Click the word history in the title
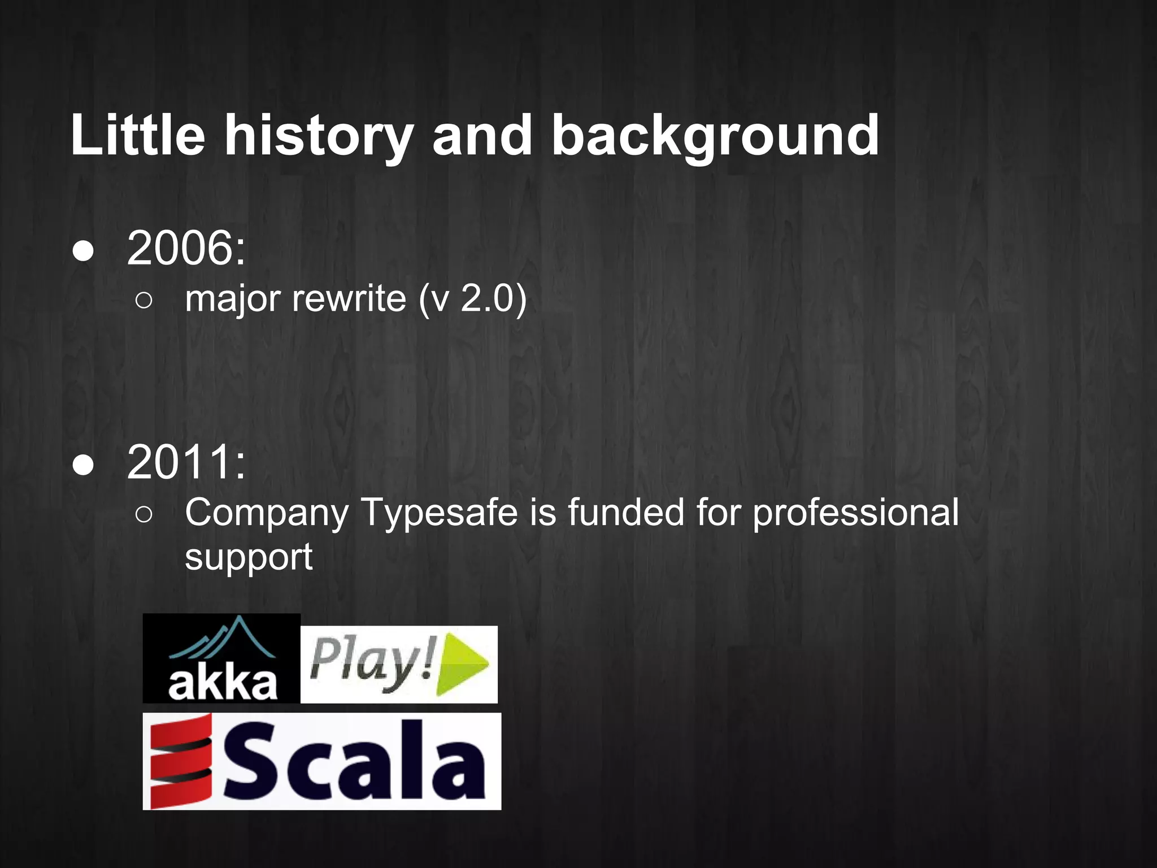(x=319, y=136)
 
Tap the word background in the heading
(x=715, y=136)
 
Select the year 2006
(x=186, y=248)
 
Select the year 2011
(x=186, y=462)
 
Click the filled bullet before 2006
(x=83, y=252)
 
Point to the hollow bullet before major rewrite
(x=144, y=301)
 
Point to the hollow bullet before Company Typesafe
(x=144, y=515)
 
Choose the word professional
(x=855, y=513)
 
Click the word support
(x=249, y=558)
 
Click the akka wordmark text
(x=222, y=684)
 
